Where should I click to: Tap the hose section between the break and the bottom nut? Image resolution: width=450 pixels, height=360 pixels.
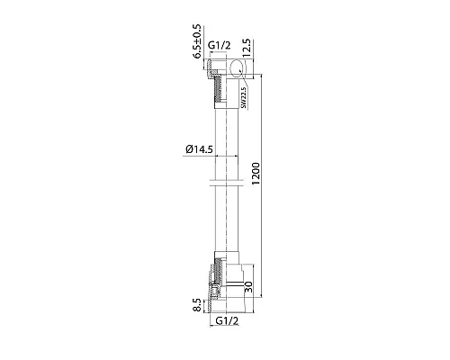pyautogui.click(x=225, y=225)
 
